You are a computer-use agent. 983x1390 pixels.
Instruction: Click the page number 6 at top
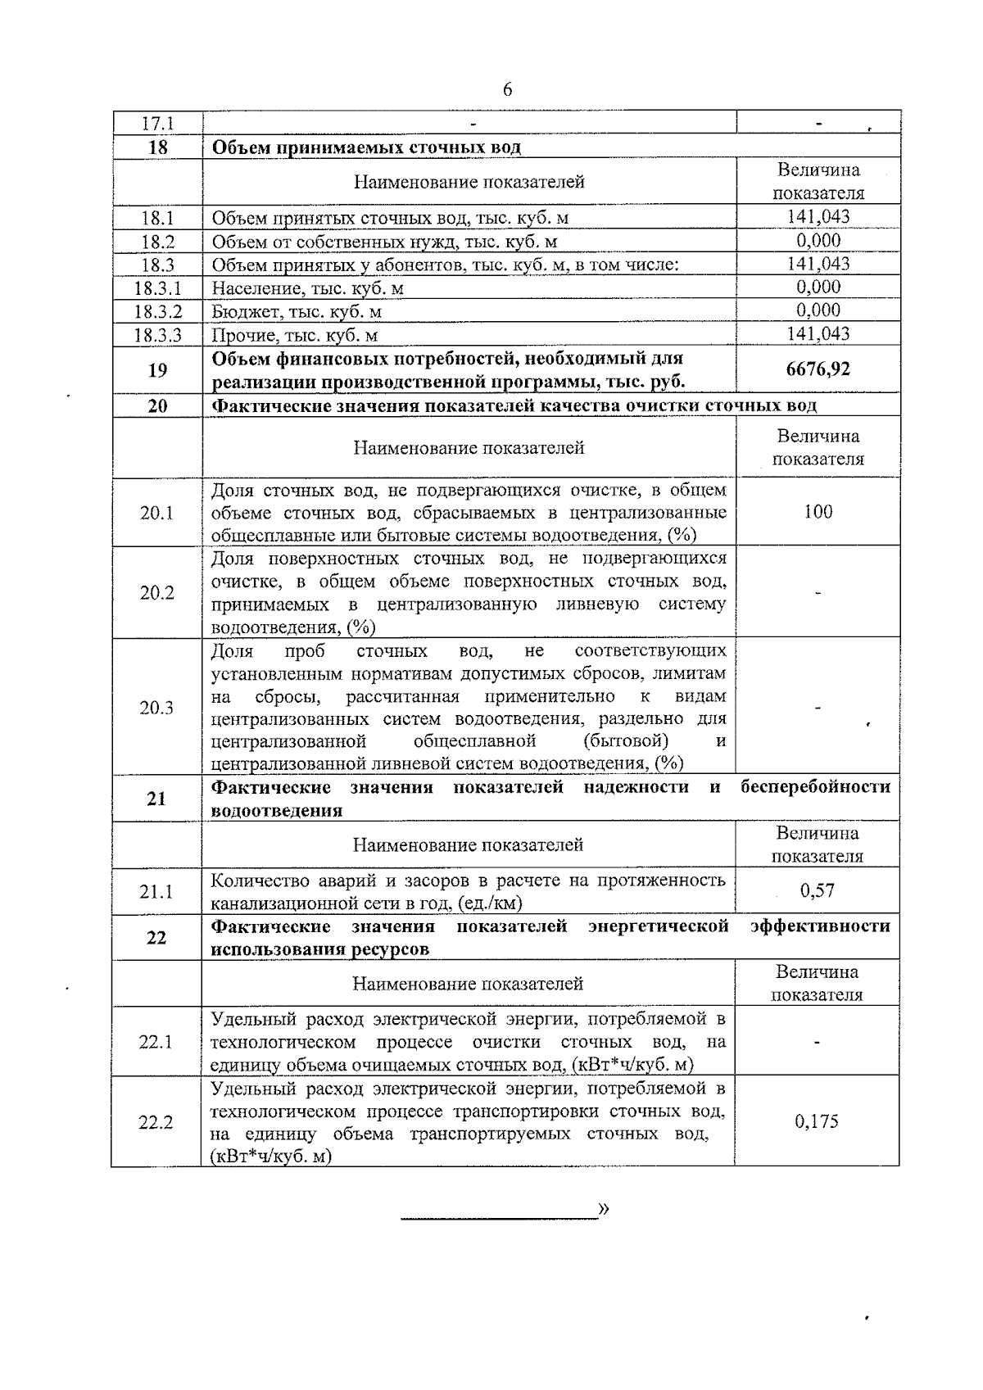[x=507, y=90]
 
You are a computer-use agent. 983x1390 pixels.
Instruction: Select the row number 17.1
[x=157, y=124]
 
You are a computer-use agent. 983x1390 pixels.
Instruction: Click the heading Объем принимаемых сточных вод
[x=366, y=147]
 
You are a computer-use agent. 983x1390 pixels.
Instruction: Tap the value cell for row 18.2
[x=818, y=240]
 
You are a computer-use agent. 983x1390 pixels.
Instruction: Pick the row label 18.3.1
[x=157, y=288]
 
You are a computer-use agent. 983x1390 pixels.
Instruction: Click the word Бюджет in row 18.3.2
[x=239, y=312]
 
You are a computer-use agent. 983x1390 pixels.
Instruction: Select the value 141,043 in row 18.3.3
[x=818, y=333]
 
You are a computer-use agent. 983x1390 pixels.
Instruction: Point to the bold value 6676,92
[x=818, y=369]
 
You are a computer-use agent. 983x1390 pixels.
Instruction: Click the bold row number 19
[x=157, y=370]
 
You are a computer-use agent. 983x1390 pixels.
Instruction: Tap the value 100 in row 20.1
[x=818, y=512]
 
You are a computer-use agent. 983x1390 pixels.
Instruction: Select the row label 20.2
[x=157, y=593]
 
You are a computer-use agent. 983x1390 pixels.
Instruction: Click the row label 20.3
[x=157, y=709]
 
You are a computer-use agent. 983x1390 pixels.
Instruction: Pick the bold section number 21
[x=157, y=799]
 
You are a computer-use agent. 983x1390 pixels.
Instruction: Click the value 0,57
[x=818, y=890]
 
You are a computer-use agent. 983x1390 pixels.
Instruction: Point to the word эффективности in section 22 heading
[x=820, y=926]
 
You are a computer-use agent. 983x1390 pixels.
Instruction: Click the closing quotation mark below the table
[x=605, y=1209]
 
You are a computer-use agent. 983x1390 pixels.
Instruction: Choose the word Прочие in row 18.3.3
[x=236, y=335]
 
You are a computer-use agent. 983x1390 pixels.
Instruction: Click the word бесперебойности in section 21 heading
[x=815, y=787]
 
